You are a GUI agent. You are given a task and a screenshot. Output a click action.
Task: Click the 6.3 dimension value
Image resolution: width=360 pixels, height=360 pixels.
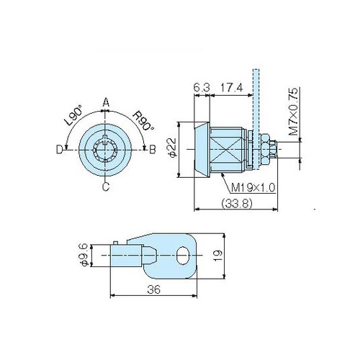coord(202,88)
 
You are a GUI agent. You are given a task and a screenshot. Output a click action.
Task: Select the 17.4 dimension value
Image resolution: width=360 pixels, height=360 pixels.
coord(231,88)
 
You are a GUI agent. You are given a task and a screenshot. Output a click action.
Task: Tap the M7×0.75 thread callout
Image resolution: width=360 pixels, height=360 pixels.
coord(293,112)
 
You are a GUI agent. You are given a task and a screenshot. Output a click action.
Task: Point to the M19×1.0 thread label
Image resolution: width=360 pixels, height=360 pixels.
coord(253,188)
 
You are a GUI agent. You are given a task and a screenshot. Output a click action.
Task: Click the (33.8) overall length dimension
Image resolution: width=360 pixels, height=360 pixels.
coord(237,204)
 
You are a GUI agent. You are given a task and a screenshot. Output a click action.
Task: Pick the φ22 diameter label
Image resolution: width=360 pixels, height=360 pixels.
coord(173,148)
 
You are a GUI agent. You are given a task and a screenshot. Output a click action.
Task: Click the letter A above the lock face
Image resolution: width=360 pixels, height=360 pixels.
coord(106,103)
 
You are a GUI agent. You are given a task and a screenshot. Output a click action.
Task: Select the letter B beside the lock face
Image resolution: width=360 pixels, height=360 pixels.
coord(153,149)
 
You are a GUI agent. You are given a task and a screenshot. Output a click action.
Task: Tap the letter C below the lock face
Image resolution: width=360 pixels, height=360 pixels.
coord(106,186)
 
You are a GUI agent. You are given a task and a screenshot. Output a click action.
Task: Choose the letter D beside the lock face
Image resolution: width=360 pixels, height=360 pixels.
coord(59,149)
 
